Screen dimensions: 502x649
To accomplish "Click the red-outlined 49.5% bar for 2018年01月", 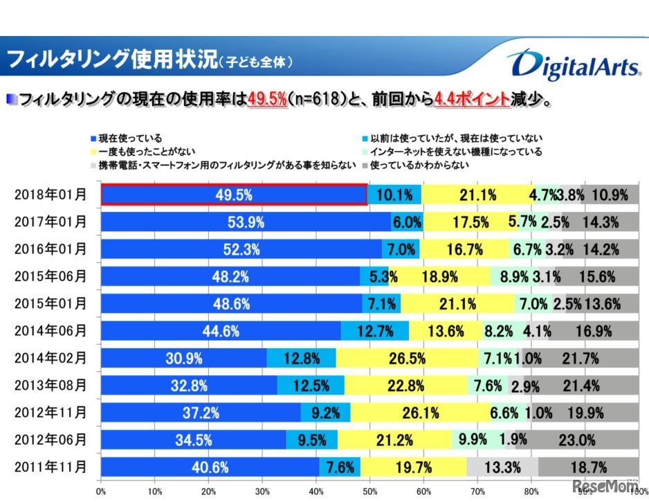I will coord(234,195).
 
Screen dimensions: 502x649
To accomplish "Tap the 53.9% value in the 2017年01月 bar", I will coord(232,222).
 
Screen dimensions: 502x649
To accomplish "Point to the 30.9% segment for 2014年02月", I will coord(183,358).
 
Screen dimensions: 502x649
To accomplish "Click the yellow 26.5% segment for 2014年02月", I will coord(407,358).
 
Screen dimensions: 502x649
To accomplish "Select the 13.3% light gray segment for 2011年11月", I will coord(502,467).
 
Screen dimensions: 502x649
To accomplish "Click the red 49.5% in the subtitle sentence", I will coord(267,100).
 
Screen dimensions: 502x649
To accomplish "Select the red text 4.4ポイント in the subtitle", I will coord(471,100).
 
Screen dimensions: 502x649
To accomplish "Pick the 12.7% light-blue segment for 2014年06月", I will coord(374,331).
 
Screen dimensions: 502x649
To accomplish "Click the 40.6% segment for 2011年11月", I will coord(210,467).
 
